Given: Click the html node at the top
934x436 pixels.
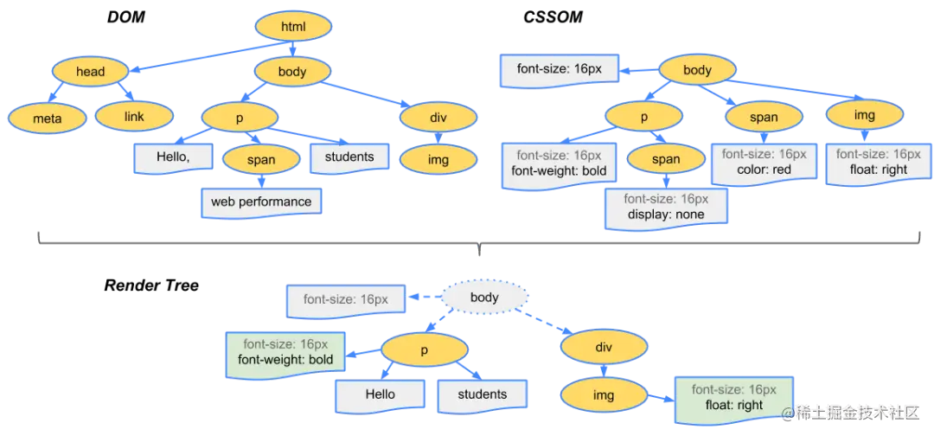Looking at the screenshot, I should (x=293, y=26).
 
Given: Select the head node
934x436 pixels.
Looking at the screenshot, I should (x=90, y=72).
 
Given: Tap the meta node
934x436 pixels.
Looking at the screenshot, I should (x=47, y=118).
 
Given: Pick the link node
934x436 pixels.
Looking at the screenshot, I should (x=133, y=117).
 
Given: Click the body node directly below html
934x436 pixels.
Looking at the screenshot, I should (x=292, y=72).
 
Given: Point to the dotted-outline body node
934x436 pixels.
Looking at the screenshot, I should (x=484, y=298).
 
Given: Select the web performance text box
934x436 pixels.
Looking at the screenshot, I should (x=260, y=202).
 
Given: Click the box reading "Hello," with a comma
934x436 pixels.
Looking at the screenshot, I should (x=172, y=157).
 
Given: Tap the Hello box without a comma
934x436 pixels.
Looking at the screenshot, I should (x=380, y=394).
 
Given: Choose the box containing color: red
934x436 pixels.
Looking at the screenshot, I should (x=764, y=163).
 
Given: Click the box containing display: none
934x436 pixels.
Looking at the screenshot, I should (x=666, y=207).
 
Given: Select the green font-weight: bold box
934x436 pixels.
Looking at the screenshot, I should (x=285, y=352).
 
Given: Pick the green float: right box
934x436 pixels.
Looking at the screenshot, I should (x=733, y=397).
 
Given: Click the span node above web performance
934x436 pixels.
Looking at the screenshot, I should (x=260, y=159).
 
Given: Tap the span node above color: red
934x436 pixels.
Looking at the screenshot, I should (x=764, y=117).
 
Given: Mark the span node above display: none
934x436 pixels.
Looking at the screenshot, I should (x=666, y=159).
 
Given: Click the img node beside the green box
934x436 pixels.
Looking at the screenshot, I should (x=604, y=395).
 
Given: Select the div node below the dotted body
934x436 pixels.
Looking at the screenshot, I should (x=604, y=347).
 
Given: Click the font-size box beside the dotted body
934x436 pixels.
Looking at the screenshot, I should (x=345, y=299).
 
